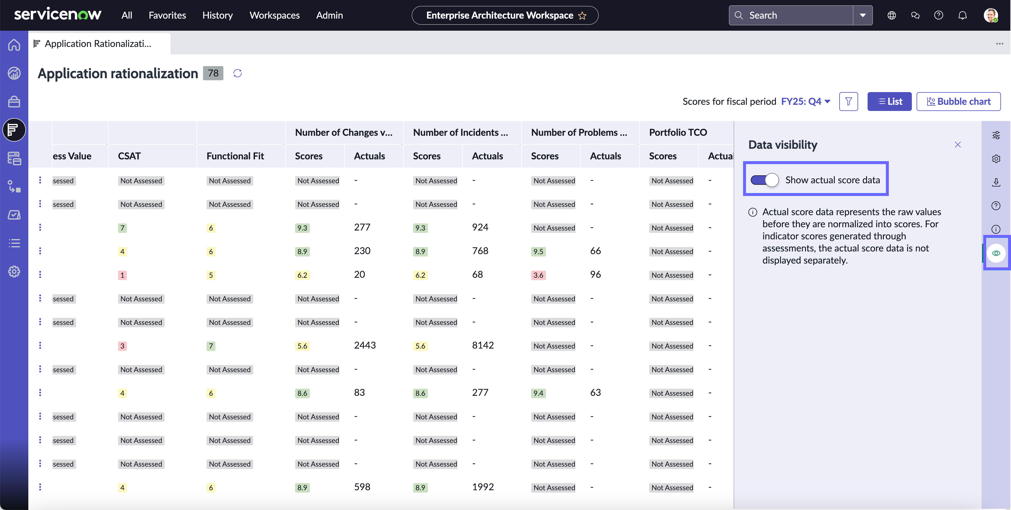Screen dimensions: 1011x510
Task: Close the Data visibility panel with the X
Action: click(x=958, y=145)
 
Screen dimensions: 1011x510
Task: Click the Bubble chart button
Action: click(x=958, y=102)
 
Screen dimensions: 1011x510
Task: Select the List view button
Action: click(x=889, y=102)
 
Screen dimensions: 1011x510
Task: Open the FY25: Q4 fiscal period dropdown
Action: click(x=806, y=102)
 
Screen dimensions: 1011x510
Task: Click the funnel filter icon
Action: click(x=848, y=102)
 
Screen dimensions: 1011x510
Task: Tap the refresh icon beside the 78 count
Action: click(x=238, y=73)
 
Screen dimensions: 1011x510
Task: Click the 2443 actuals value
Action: click(x=365, y=346)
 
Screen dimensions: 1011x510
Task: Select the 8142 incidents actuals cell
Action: click(x=483, y=346)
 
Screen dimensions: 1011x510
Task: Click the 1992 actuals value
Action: click(x=483, y=487)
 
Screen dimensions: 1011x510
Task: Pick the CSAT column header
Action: click(x=129, y=156)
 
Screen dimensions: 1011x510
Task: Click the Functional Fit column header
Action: click(x=235, y=156)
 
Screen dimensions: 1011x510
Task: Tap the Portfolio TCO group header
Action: click(x=678, y=133)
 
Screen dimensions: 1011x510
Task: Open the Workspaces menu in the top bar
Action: click(x=274, y=15)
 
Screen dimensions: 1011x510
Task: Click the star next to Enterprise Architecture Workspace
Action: click(x=583, y=16)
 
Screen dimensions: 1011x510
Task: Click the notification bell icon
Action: click(x=962, y=15)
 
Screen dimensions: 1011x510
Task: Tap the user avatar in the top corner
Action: click(x=991, y=15)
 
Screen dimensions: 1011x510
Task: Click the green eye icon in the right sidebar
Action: click(x=996, y=253)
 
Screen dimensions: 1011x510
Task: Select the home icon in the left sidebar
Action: click(x=14, y=45)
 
